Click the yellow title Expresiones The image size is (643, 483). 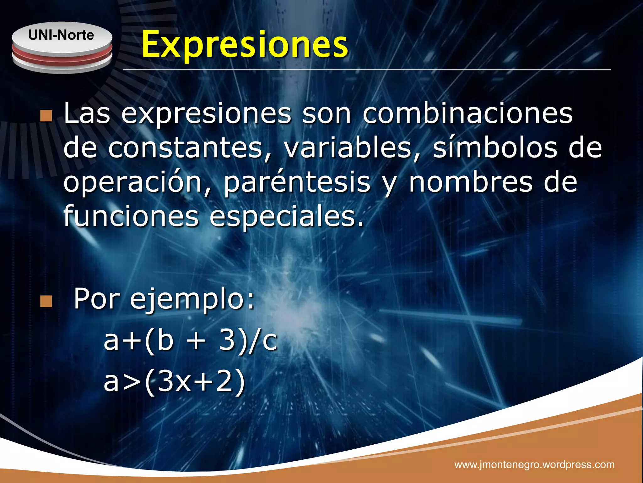245,45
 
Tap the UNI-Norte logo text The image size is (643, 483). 61,35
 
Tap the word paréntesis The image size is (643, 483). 297,183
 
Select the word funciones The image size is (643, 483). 131,216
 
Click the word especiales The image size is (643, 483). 286,217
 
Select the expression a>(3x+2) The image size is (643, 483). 174,381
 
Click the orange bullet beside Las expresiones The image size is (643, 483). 46,116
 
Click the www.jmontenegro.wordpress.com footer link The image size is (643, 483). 534,464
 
